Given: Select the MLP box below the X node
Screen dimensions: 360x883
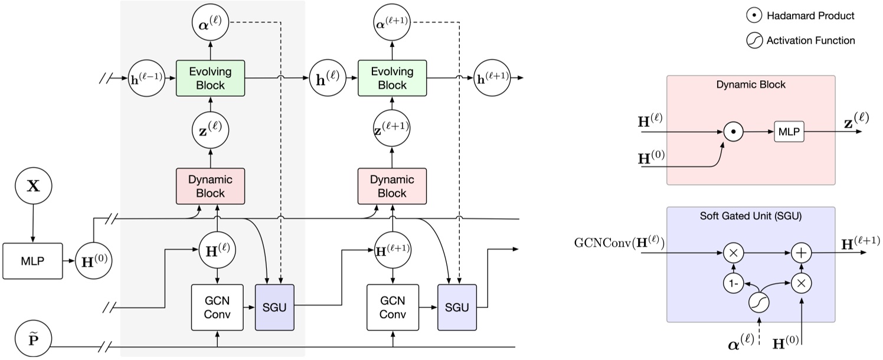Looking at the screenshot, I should click(32, 260).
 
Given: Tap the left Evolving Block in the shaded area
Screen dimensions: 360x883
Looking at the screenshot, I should click(210, 78).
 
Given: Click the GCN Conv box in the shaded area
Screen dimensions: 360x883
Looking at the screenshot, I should click(218, 306).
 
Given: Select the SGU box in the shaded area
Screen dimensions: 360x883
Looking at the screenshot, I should click(274, 306).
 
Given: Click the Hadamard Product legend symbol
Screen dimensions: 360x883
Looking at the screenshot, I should click(753, 16).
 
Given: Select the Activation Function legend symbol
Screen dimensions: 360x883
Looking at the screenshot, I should click(753, 41).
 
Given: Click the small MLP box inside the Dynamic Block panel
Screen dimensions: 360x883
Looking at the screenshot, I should click(789, 132).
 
